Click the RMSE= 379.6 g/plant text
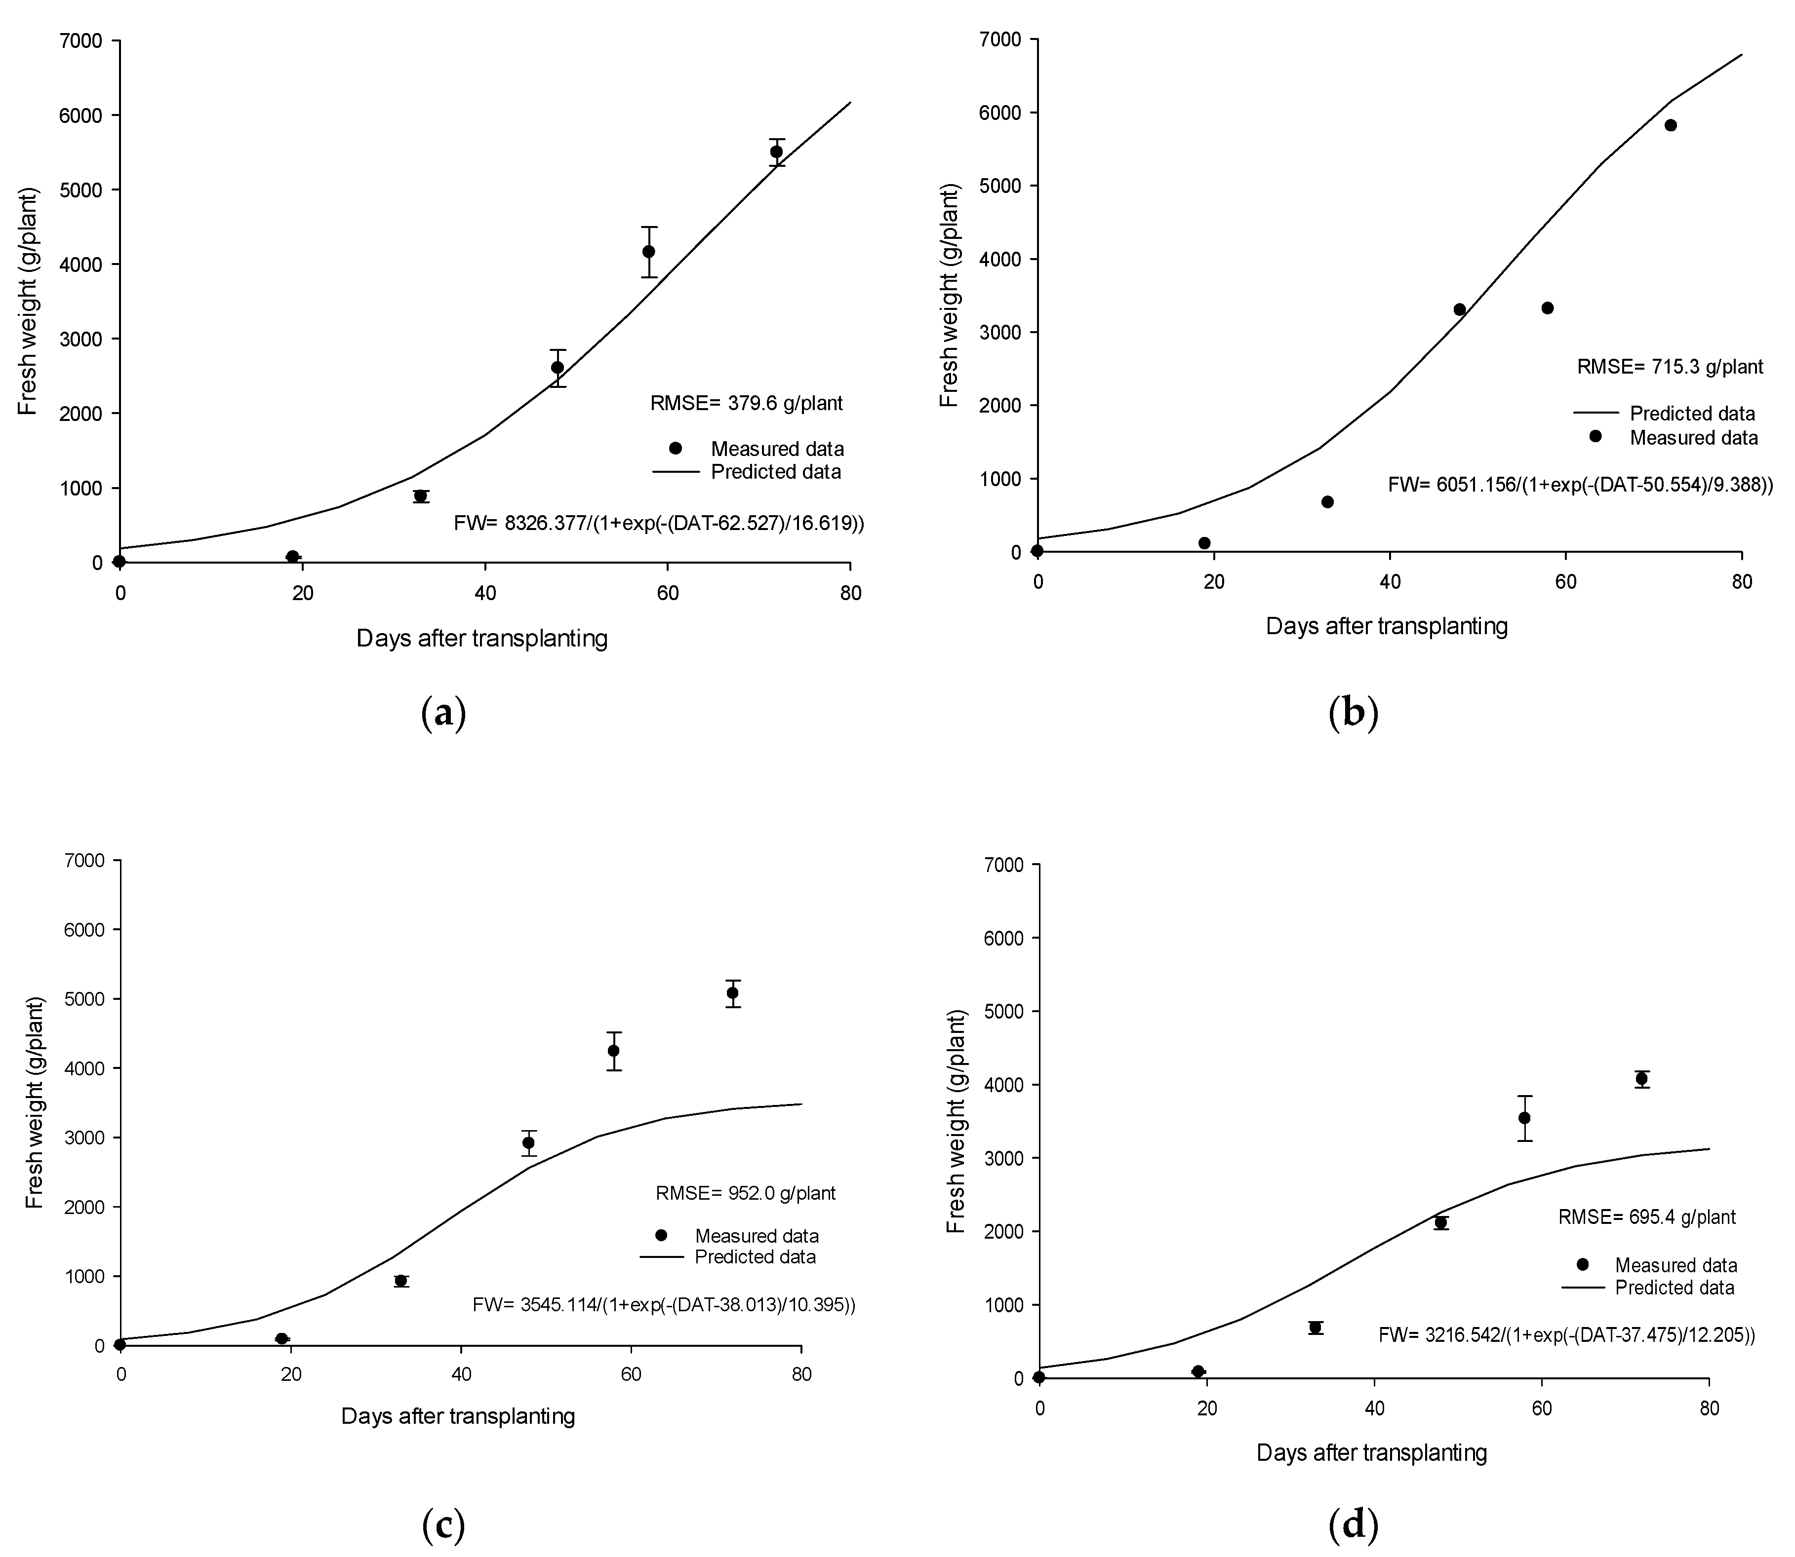(746, 403)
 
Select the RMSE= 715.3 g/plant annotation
(1670, 367)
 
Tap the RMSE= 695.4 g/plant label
(1646, 1217)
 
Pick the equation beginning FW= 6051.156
(1579, 485)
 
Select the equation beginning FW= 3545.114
(663, 1304)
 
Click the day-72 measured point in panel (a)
(776, 152)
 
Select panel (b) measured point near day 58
(1547, 308)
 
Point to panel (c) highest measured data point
(733, 992)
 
